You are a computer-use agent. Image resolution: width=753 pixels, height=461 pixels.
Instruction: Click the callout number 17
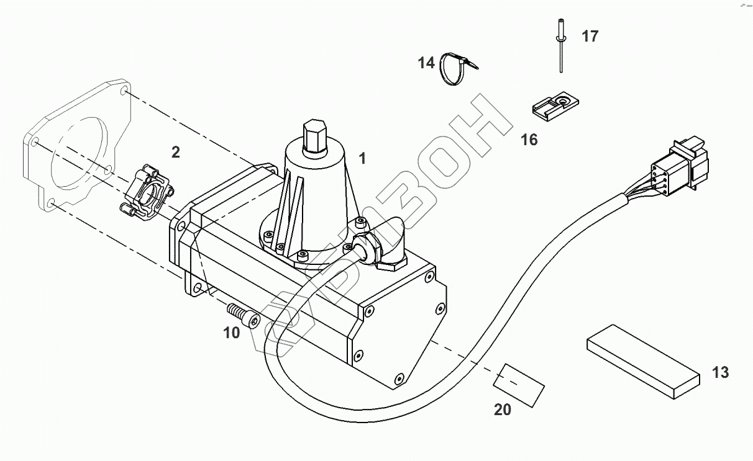pos(590,37)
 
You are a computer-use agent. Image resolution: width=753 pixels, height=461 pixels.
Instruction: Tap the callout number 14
pos(426,63)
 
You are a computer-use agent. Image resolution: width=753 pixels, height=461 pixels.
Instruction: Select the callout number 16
pos(529,140)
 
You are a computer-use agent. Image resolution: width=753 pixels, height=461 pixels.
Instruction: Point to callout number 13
pos(720,373)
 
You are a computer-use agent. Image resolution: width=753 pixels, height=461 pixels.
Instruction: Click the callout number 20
pos(503,410)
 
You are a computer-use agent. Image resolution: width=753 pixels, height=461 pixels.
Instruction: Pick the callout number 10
pos(231,333)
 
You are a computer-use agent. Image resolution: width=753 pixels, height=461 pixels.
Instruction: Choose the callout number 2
pos(176,152)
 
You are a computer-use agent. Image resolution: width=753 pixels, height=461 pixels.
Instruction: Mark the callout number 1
pos(362,158)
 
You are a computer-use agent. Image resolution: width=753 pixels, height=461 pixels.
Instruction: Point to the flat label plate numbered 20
pos(519,385)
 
